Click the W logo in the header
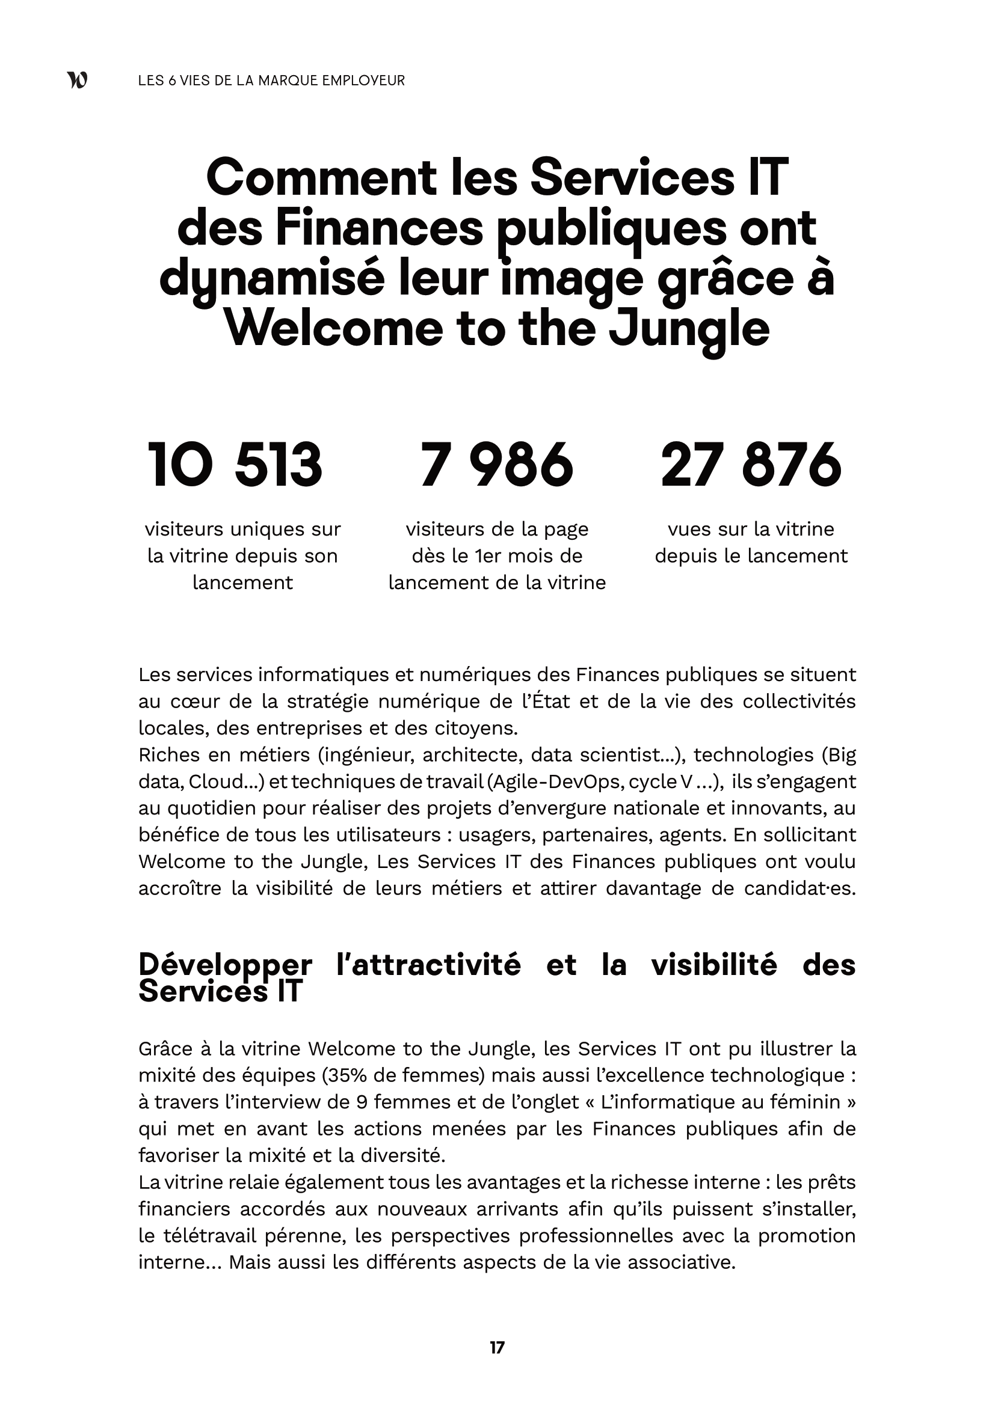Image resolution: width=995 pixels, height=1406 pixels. (x=77, y=80)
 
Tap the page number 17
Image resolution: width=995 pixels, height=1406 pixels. (x=497, y=1347)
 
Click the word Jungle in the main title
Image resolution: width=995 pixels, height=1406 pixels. (x=689, y=329)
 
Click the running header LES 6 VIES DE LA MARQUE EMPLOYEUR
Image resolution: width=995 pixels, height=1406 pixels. (x=271, y=80)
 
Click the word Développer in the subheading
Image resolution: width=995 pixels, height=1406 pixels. (x=225, y=965)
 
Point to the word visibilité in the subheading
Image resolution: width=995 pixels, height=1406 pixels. (x=714, y=965)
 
